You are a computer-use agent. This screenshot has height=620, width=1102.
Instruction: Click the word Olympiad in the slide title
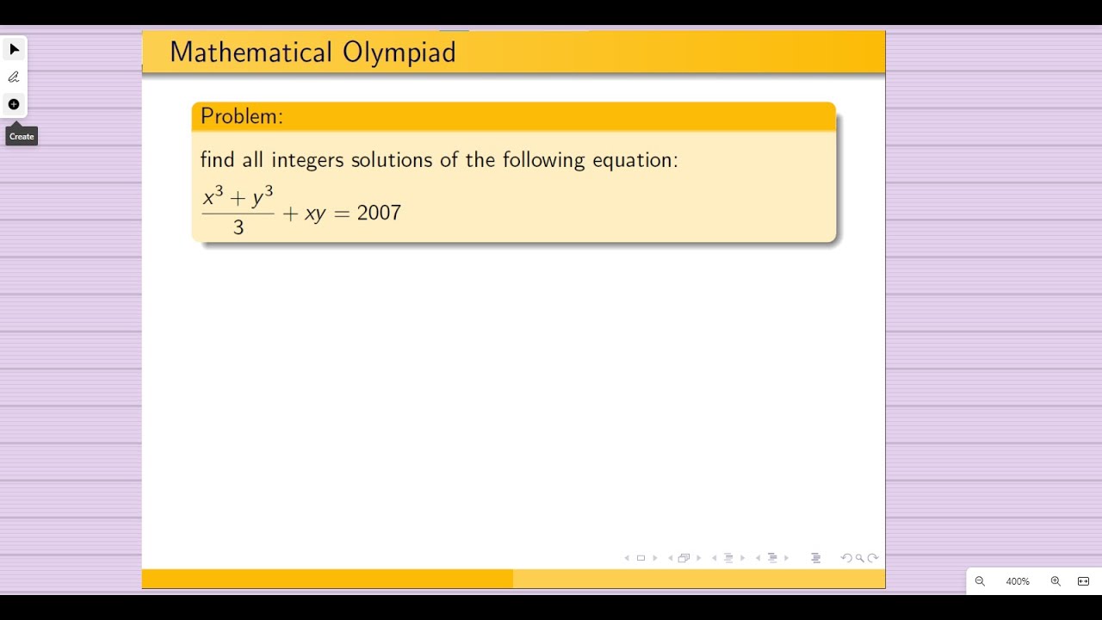tap(399, 53)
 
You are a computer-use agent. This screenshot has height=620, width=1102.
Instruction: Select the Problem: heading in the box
tap(241, 116)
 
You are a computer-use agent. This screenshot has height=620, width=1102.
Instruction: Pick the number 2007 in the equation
tap(379, 213)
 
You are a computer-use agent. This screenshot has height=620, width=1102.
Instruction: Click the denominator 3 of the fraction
tap(238, 228)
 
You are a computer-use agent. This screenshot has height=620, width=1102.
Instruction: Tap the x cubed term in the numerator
tap(214, 197)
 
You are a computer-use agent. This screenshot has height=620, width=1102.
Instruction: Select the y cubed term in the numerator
tap(263, 197)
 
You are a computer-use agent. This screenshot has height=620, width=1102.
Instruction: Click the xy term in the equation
tap(315, 214)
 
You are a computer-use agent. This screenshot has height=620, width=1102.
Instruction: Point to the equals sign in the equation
tap(342, 214)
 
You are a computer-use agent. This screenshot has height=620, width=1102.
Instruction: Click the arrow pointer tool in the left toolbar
tap(14, 49)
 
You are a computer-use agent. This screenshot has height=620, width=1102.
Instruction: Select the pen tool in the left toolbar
tap(14, 77)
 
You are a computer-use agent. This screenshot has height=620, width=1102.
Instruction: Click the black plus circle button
tap(14, 104)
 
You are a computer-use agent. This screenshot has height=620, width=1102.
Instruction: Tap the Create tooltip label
tap(22, 136)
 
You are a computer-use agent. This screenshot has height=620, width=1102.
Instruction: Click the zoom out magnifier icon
tap(980, 581)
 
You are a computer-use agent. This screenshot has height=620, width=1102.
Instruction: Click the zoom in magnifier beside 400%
tap(1056, 581)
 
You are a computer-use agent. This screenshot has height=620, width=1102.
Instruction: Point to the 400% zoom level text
tap(1018, 581)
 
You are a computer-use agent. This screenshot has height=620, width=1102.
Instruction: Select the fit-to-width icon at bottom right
tap(1083, 581)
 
